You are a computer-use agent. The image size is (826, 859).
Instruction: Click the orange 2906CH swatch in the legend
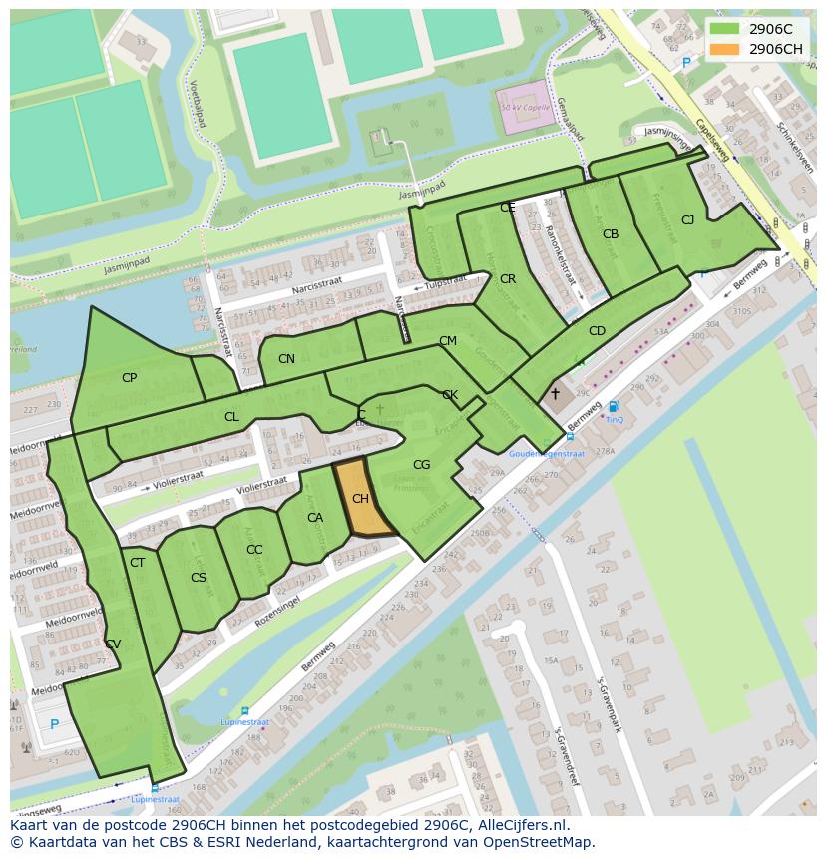pos(725,49)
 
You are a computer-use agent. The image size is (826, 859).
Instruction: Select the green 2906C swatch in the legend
pos(725,29)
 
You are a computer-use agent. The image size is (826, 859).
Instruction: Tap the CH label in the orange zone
pos(360,498)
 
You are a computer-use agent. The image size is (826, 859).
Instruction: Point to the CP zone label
pos(129,378)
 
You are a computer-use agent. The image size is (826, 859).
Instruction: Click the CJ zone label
pos(687,219)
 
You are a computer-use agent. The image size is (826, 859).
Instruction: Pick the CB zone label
pos(611,234)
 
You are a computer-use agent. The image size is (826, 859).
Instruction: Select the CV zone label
pos(113,644)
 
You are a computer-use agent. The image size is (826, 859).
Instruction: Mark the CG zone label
pos(421,464)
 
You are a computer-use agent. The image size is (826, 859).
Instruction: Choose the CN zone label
pos(286,359)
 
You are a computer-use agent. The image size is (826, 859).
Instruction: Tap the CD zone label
pos(597,331)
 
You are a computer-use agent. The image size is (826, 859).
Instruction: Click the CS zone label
pos(199,577)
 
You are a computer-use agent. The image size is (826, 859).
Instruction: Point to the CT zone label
pos(138,563)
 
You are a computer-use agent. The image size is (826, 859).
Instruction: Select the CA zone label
pos(315,518)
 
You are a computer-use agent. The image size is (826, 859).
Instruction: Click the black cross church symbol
pos(555,394)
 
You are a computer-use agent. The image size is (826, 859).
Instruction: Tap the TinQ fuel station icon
pos(614,406)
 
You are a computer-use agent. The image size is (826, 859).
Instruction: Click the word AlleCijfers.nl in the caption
pos(515,825)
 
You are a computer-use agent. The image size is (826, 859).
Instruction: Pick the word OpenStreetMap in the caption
pos(538,842)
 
